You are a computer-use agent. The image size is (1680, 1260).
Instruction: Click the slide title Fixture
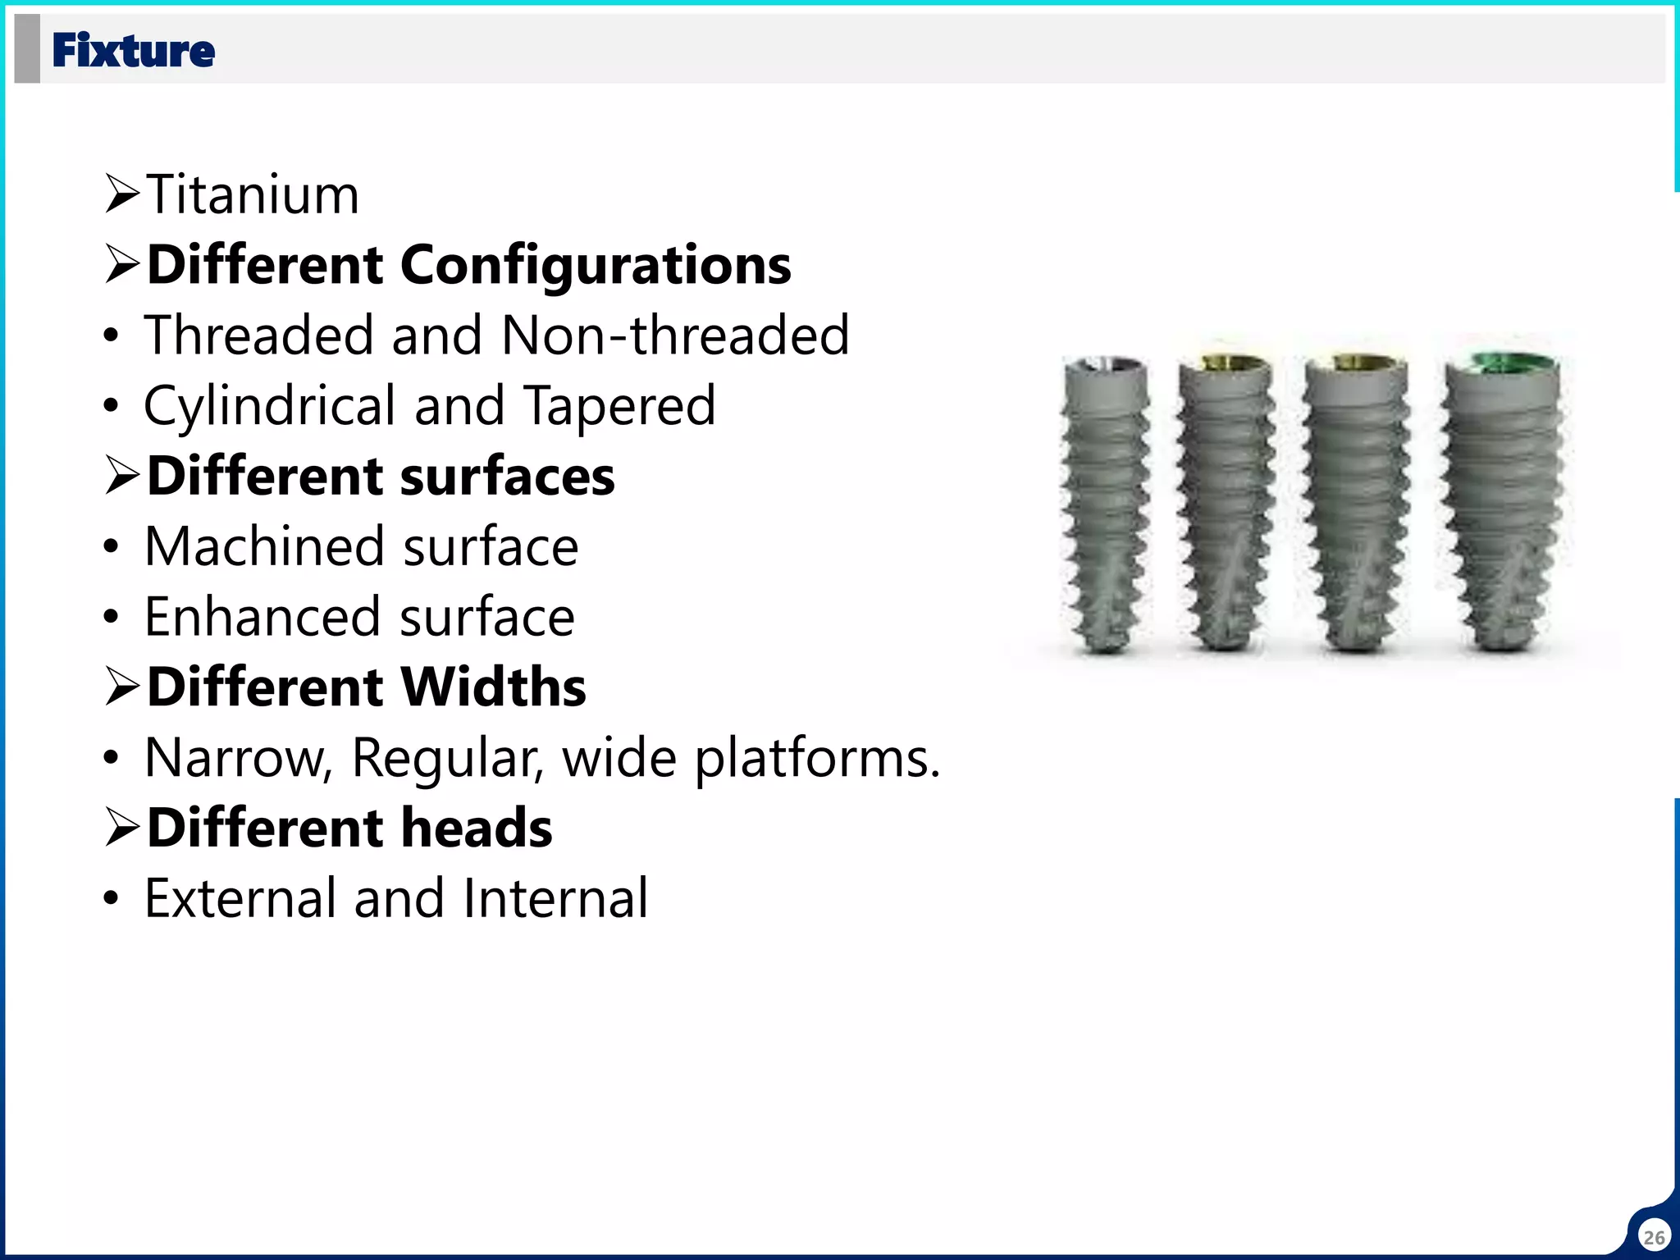pyautogui.click(x=133, y=51)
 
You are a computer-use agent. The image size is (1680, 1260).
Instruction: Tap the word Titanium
pyautogui.click(x=253, y=195)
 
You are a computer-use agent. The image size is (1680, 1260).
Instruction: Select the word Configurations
pyautogui.click(x=596, y=266)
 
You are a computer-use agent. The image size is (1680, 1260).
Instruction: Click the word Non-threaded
pyautogui.click(x=675, y=336)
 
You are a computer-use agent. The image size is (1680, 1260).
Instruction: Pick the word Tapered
pyautogui.click(x=619, y=406)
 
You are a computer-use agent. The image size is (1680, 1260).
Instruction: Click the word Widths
pyautogui.click(x=494, y=687)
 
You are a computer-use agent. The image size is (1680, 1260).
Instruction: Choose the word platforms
pyautogui.click(x=817, y=758)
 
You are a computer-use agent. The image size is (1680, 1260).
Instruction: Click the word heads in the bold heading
pyautogui.click(x=477, y=828)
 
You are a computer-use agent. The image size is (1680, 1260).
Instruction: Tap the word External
pyautogui.click(x=240, y=898)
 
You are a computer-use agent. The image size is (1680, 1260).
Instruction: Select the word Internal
pyautogui.click(x=555, y=898)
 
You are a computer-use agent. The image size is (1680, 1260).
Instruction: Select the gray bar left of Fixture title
pyautogui.click(x=27, y=49)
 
